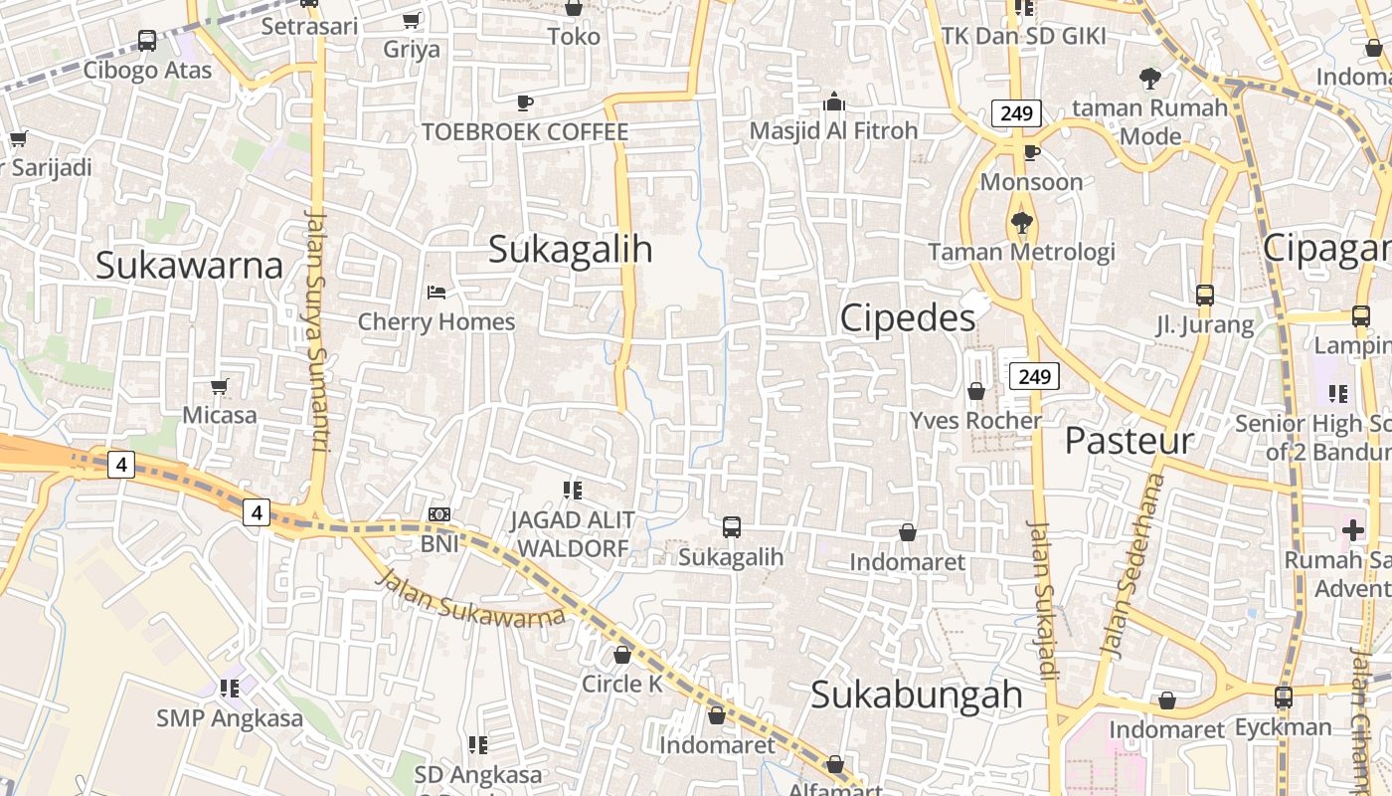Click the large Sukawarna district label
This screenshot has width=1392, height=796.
point(189,266)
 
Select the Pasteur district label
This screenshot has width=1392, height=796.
point(1129,441)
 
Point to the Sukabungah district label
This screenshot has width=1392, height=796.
point(916,695)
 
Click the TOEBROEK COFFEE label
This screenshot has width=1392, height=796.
point(524,132)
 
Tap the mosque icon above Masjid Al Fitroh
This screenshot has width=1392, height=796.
point(833,102)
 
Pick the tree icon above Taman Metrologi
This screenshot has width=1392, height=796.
point(1021,223)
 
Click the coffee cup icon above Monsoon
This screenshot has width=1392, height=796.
point(1032,152)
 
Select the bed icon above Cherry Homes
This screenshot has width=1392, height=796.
point(435,293)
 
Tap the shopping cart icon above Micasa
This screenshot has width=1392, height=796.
point(220,386)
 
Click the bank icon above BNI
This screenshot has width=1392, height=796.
point(438,514)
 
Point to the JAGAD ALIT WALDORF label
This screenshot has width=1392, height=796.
point(573,534)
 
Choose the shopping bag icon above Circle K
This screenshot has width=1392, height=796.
point(622,655)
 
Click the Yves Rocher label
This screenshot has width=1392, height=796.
point(975,421)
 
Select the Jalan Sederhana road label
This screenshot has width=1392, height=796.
point(1131,563)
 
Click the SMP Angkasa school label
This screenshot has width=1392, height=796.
point(230,718)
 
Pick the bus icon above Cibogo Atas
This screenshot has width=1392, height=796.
point(147,41)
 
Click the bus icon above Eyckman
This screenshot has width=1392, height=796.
point(1284,697)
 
